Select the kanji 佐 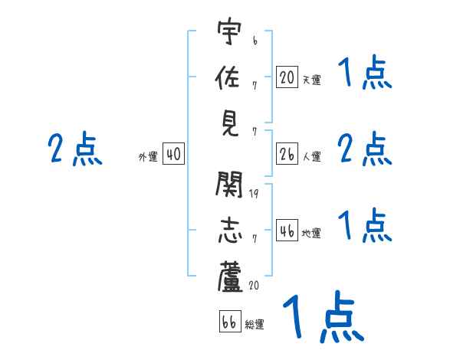[229, 77]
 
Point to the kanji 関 [229, 185]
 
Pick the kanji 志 [229, 230]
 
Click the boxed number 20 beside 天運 [287, 77]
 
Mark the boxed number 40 [173, 155]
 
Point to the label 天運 [311, 80]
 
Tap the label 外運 [148, 157]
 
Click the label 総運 [255, 325]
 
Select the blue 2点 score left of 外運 [75, 149]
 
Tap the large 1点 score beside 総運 [323, 316]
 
